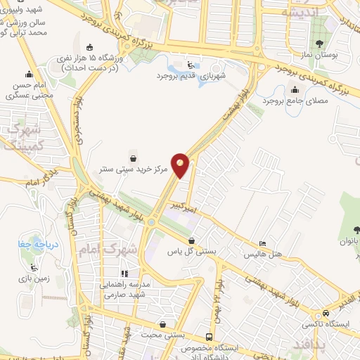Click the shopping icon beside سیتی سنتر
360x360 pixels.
[x=133, y=157]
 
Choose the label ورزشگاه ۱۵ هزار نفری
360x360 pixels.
[x=92, y=63]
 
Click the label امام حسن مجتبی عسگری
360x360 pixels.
[x=29, y=89]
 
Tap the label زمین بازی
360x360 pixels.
[x=33, y=279]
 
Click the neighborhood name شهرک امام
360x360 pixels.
[x=122, y=248]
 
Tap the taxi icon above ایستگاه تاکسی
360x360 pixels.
[x=325, y=313]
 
